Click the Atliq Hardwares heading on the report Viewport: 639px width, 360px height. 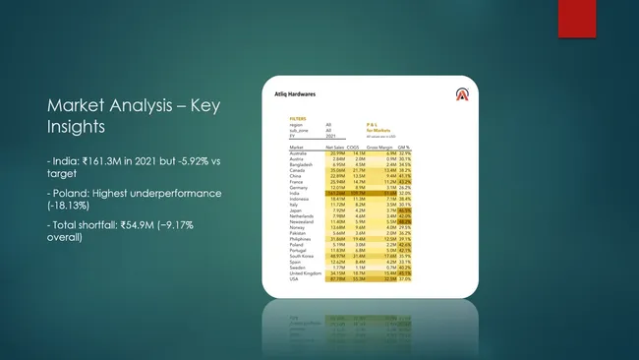292,94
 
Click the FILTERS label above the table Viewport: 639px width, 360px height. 283,117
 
